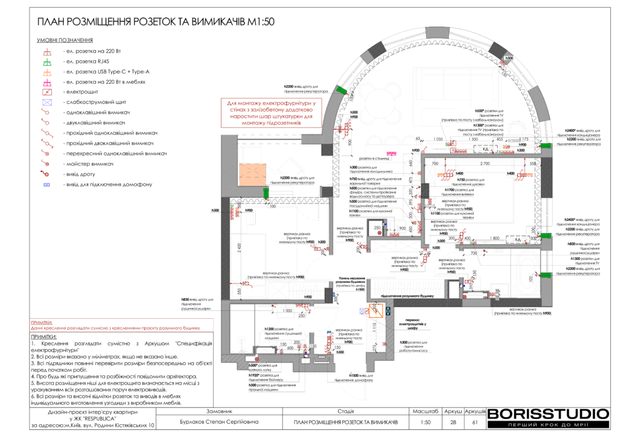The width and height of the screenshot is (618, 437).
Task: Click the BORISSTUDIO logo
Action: click(548, 414)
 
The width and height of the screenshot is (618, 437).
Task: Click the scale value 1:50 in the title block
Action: click(425, 422)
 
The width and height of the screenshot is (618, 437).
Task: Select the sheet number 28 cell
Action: click(453, 422)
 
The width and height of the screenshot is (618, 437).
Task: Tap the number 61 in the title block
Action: click(475, 422)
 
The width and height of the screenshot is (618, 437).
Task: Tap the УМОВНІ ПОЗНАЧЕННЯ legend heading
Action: click(60, 40)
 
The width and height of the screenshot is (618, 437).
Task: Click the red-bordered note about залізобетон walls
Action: click(273, 113)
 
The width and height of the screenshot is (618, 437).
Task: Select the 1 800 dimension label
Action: click(494, 238)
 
